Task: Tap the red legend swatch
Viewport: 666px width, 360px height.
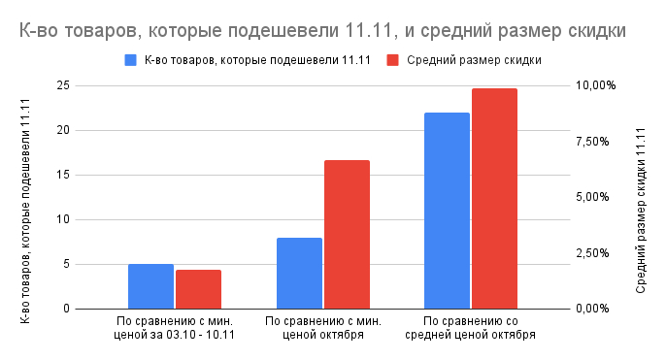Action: click(393, 60)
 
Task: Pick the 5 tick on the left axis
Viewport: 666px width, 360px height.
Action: click(64, 264)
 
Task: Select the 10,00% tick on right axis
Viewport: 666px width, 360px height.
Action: click(596, 85)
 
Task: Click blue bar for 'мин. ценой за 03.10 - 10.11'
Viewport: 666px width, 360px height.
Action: click(150, 286)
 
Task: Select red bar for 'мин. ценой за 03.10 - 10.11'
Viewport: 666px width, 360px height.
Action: click(198, 289)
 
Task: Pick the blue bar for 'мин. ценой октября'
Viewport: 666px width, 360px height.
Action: click(299, 273)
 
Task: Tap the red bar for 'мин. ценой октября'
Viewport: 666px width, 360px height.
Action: click(347, 234)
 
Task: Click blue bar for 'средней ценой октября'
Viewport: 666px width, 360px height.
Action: click(447, 211)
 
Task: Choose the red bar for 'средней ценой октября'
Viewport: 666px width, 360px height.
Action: click(494, 198)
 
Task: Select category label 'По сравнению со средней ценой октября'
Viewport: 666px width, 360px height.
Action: click(472, 327)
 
